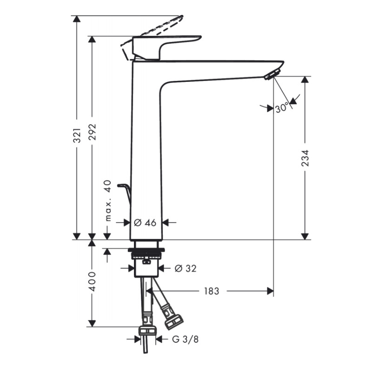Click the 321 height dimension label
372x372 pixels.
coord(78,134)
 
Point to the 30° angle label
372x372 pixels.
coord(281,108)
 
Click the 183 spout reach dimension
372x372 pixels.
coord(211,291)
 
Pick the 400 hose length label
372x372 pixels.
coord(92,281)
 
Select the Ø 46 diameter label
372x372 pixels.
coord(145,223)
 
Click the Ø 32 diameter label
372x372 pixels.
coord(185,268)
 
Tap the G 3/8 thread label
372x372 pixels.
coord(185,339)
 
